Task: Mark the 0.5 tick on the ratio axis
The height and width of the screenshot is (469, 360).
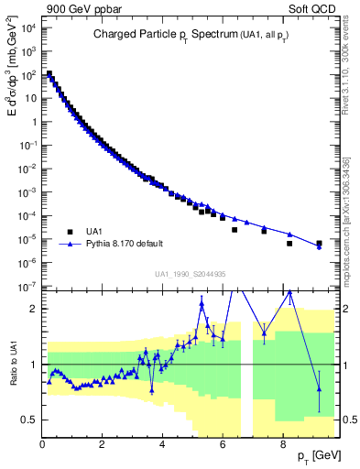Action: point(29,420)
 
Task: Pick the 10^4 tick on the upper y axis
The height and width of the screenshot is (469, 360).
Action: point(28,27)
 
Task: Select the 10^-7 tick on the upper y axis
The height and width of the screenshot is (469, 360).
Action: point(28,287)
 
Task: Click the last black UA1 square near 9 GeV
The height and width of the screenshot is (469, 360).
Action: point(319,244)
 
